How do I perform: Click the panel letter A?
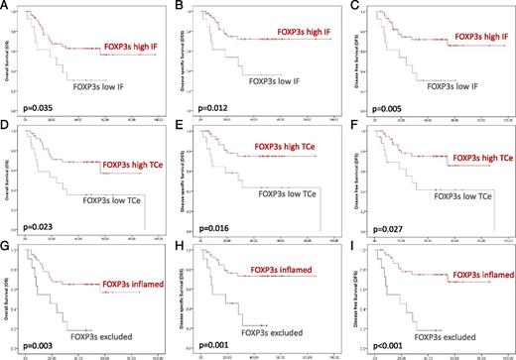pos(6,8)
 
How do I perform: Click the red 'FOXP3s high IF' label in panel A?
pos(134,46)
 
